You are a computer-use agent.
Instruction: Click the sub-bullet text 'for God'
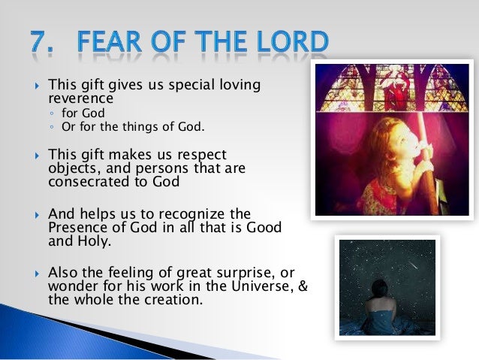[x=82, y=113]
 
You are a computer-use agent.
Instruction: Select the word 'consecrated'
[x=85, y=182]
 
